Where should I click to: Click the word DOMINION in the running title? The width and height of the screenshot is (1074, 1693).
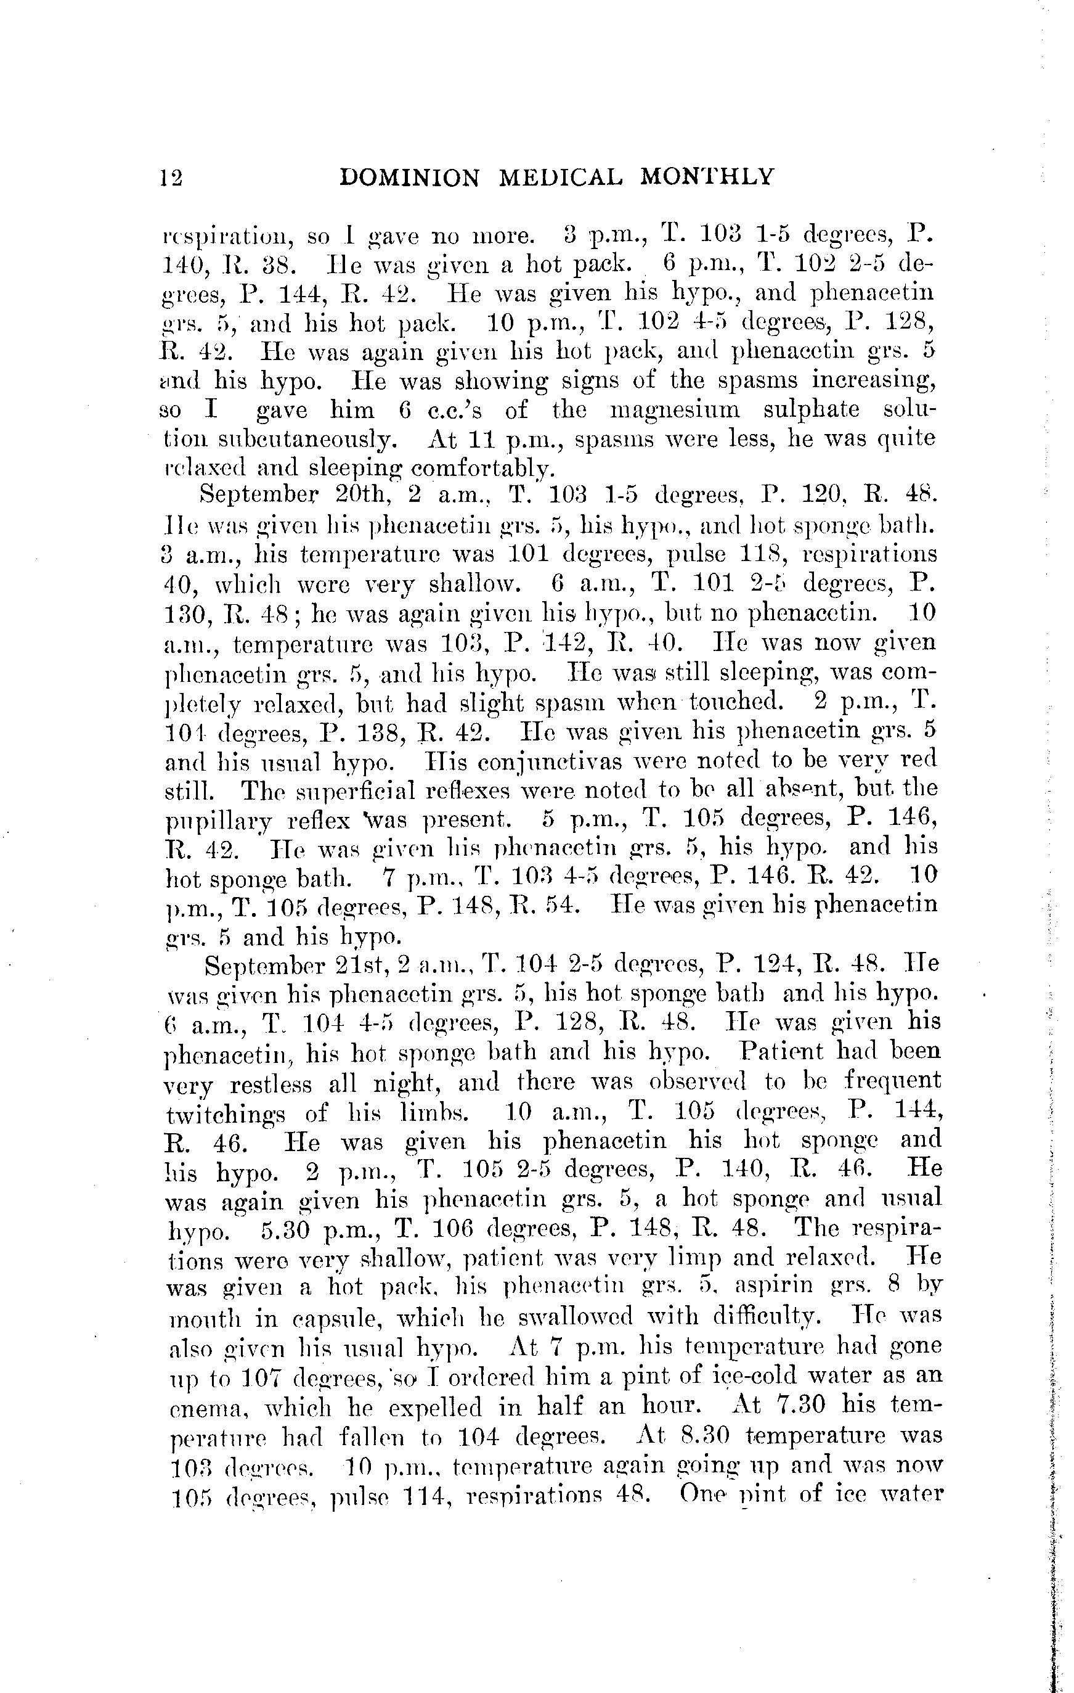[x=409, y=177]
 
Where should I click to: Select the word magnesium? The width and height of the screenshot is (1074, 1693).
[x=678, y=409]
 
